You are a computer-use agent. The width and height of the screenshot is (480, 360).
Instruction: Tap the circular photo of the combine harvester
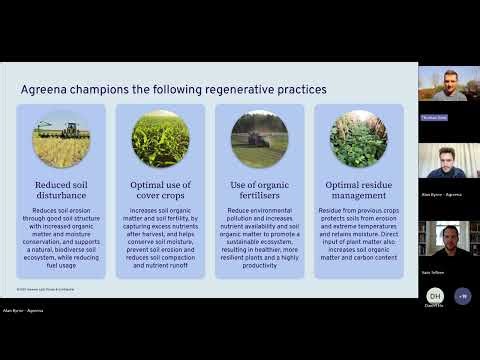coord(61,138)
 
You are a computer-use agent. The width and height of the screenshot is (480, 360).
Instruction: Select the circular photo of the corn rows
coord(160,138)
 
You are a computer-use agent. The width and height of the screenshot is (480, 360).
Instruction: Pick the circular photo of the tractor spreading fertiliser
coord(260,138)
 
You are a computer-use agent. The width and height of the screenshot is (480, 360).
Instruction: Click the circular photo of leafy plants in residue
coord(358,138)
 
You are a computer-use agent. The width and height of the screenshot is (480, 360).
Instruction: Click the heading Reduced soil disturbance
coord(61,190)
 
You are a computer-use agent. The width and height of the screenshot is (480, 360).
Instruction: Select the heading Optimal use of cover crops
coord(160,190)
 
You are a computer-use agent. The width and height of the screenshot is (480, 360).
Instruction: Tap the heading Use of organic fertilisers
coord(260,190)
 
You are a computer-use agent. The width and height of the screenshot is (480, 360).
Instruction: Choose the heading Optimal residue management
coord(358,190)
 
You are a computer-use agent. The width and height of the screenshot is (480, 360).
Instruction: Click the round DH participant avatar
coord(435,297)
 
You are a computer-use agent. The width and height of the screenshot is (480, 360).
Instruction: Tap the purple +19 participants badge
coord(461,297)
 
